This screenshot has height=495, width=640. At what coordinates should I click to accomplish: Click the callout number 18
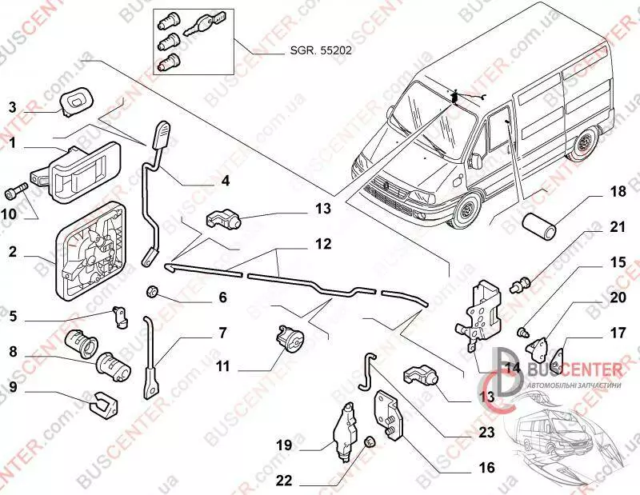(x=618, y=193)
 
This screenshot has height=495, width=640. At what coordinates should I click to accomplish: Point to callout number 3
(x=13, y=108)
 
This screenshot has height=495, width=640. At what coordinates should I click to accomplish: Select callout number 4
(x=226, y=181)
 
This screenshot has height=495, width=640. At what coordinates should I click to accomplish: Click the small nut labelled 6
(x=153, y=289)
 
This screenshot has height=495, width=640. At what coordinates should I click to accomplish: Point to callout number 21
(x=617, y=227)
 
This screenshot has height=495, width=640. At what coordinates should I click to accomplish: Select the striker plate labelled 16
(x=390, y=416)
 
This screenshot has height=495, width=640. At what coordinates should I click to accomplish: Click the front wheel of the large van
(x=466, y=212)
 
